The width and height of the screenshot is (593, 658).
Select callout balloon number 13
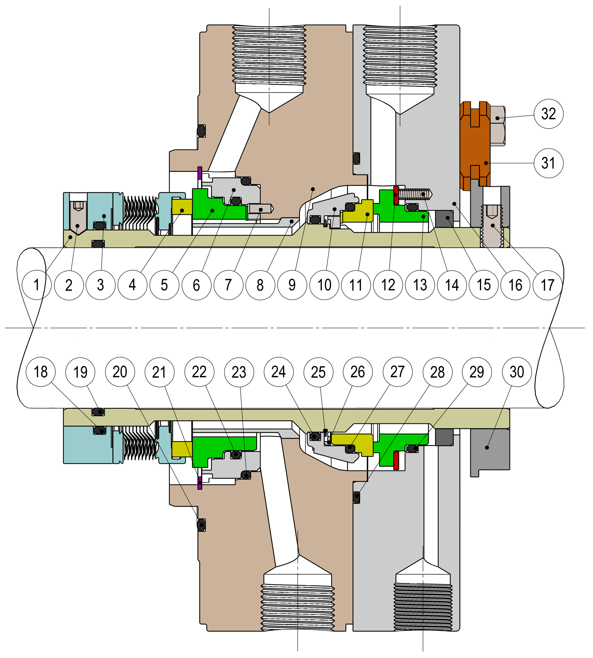420,285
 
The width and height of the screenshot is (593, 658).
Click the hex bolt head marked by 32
497,126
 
